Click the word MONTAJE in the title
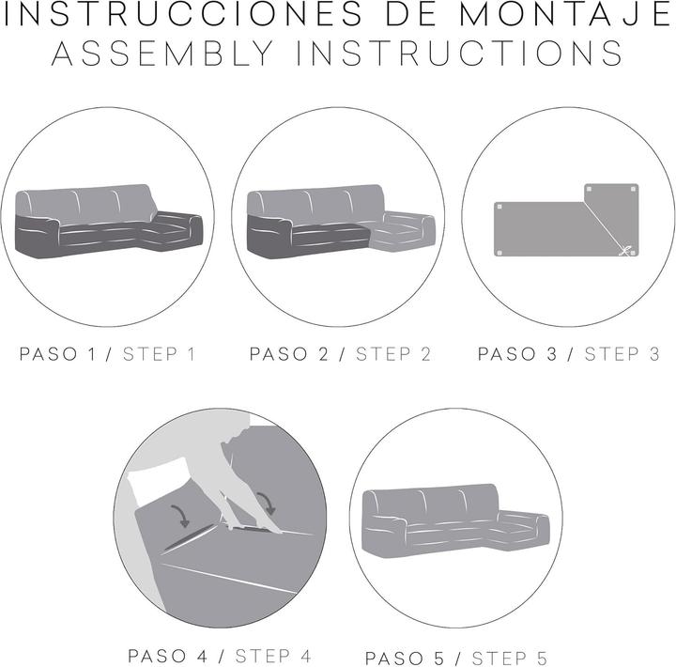pos(565,15)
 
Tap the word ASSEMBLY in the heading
pos(162,54)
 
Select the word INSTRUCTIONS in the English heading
pos(459,54)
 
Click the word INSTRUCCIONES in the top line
pos(183,15)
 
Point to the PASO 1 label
pos(58,354)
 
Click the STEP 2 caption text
pos(393,354)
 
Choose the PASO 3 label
pos(517,354)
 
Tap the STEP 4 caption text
pos(273,657)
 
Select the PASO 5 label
pos(405,659)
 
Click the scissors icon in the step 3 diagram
pos(624,251)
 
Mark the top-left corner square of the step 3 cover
pos(499,207)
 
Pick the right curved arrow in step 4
pos(268,503)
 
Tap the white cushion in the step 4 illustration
pos(161,479)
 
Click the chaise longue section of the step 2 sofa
pos(403,232)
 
